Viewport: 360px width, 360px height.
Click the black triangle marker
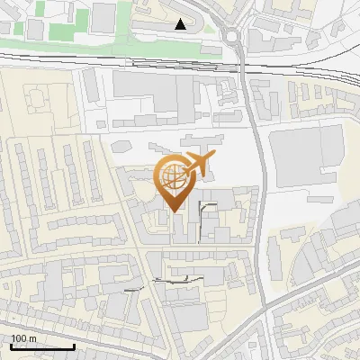[182, 24]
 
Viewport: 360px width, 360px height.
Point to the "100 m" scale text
[24, 338]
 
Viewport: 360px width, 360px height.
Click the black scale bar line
[42, 347]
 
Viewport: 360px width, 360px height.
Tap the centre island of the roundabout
[233, 36]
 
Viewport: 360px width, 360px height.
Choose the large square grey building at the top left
[103, 15]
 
